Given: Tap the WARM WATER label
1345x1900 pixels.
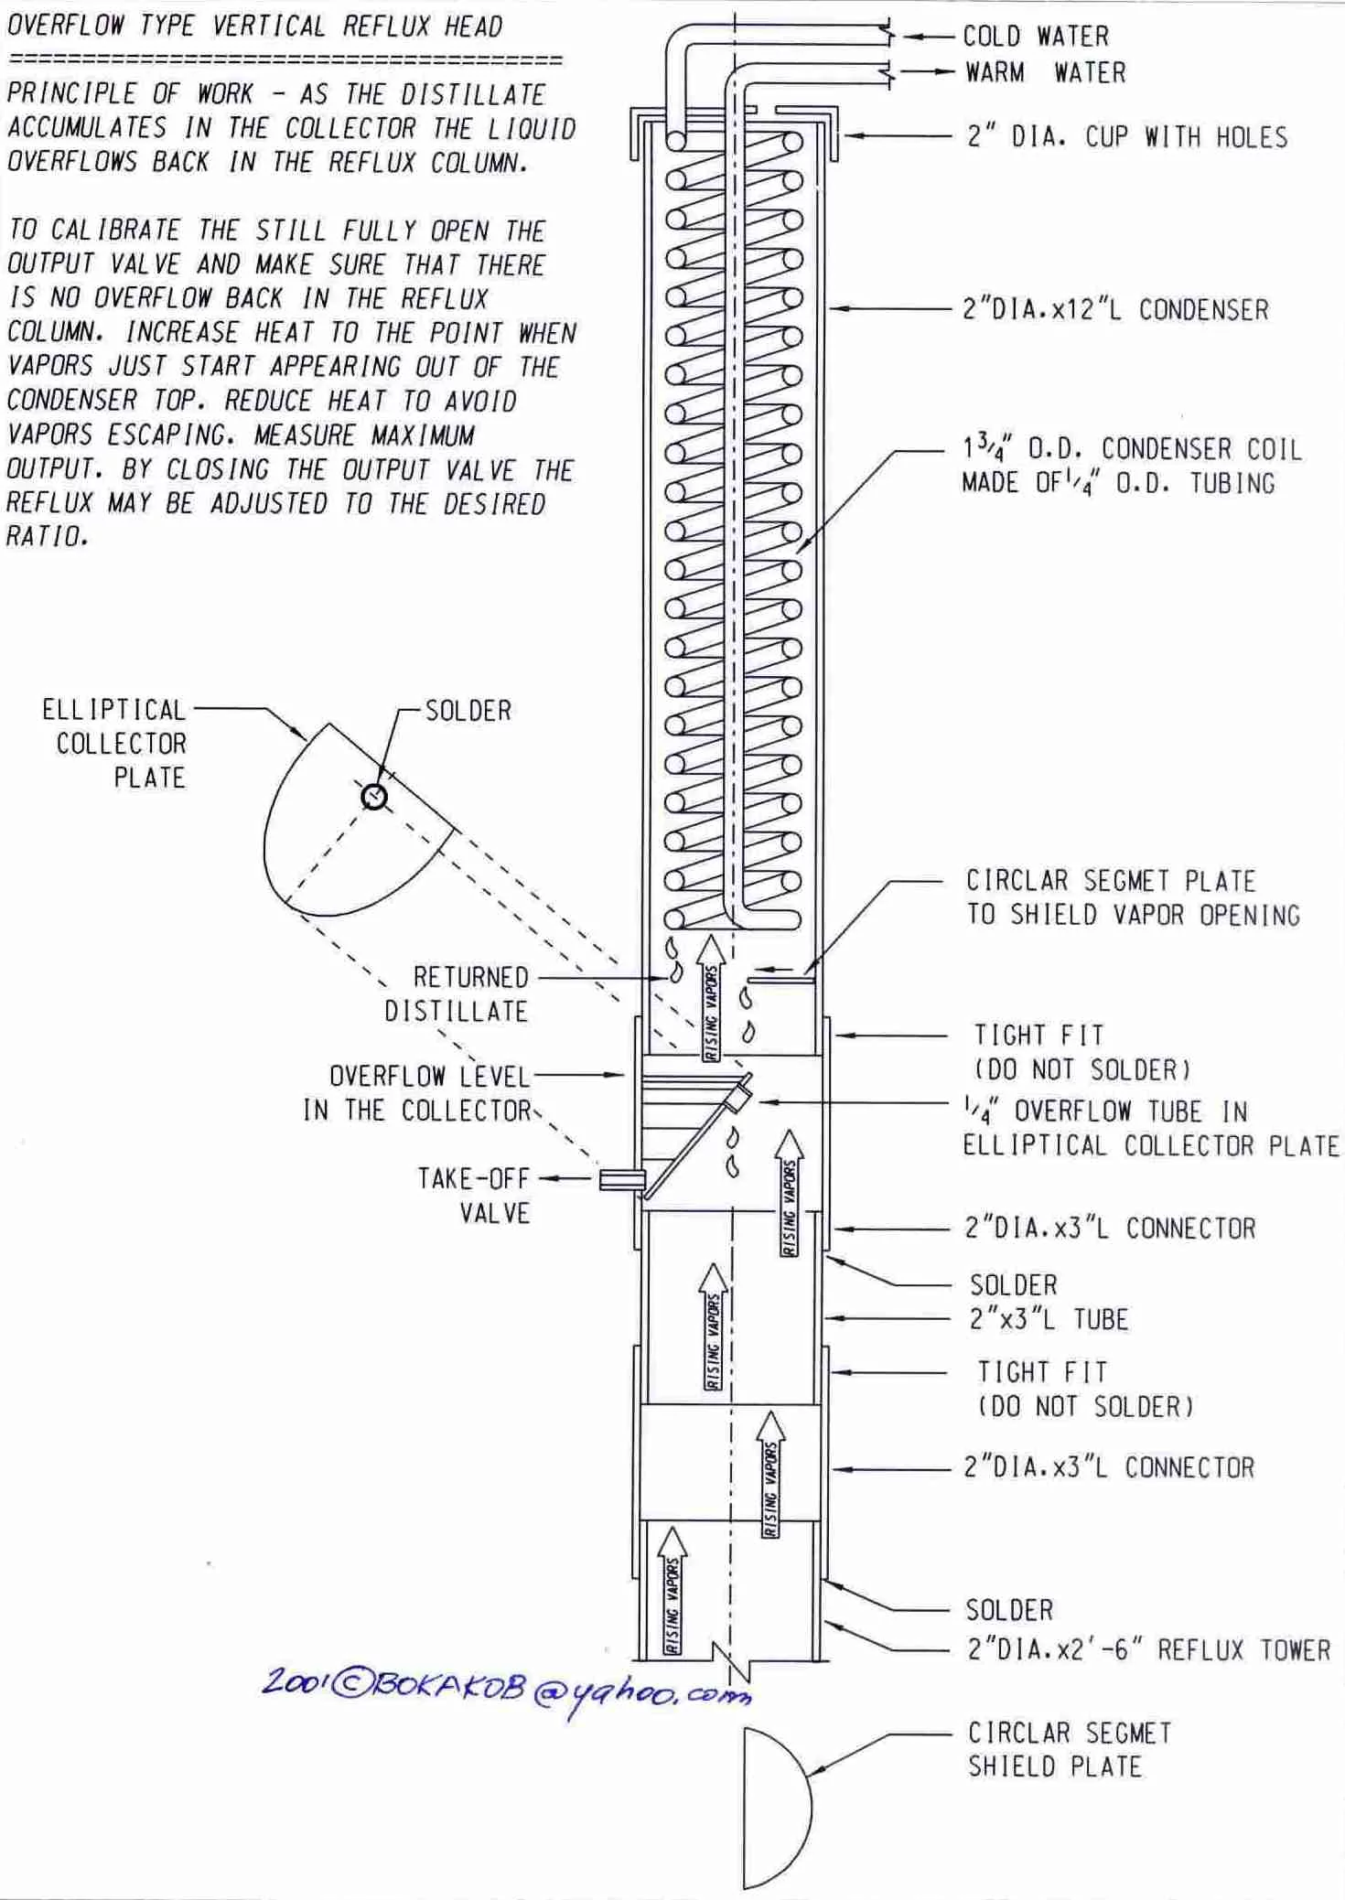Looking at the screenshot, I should pyautogui.click(x=1045, y=72).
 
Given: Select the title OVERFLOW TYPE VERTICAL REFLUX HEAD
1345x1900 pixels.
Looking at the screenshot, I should pyautogui.click(x=254, y=26).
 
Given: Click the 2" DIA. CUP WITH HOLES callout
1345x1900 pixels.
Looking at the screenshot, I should pyautogui.click(x=1126, y=137).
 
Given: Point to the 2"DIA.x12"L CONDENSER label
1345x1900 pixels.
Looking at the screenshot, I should pyautogui.click(x=1114, y=309).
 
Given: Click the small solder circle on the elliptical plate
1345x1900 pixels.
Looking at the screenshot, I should pyautogui.click(x=374, y=798).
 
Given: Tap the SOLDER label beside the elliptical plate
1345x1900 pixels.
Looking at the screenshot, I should pyautogui.click(x=468, y=711).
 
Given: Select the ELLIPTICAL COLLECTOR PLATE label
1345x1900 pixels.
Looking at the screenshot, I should pyautogui.click(x=116, y=743).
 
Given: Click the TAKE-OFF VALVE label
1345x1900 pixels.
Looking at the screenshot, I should pyautogui.click(x=474, y=1195).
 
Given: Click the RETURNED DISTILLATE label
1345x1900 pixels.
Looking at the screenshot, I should pyautogui.click(x=457, y=994).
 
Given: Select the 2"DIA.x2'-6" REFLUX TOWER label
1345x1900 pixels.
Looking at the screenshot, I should pyautogui.click(x=1148, y=1650).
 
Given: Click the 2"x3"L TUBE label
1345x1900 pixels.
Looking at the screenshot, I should pyautogui.click(x=1049, y=1319).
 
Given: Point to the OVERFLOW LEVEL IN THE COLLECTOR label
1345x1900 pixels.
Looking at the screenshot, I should pyautogui.click(x=418, y=1093).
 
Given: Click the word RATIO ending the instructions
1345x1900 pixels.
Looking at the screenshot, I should pyautogui.click(x=47, y=537).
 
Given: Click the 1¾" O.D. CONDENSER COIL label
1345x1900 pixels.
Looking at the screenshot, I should pyautogui.click(x=1130, y=466).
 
